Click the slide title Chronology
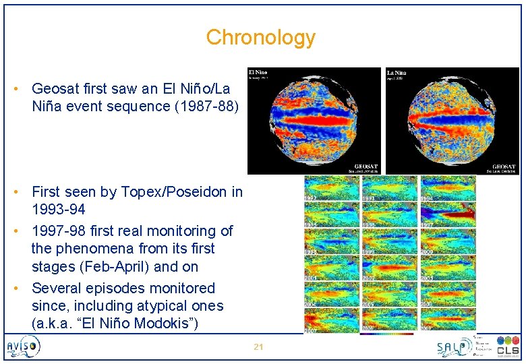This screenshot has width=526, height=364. (x=260, y=37)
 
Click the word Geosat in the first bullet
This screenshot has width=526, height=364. (x=55, y=88)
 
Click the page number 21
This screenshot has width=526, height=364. (x=258, y=346)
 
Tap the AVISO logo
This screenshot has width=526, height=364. (x=24, y=347)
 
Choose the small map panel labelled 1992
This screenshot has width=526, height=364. (x=331, y=188)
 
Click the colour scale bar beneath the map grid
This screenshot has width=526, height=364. (x=387, y=333)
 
